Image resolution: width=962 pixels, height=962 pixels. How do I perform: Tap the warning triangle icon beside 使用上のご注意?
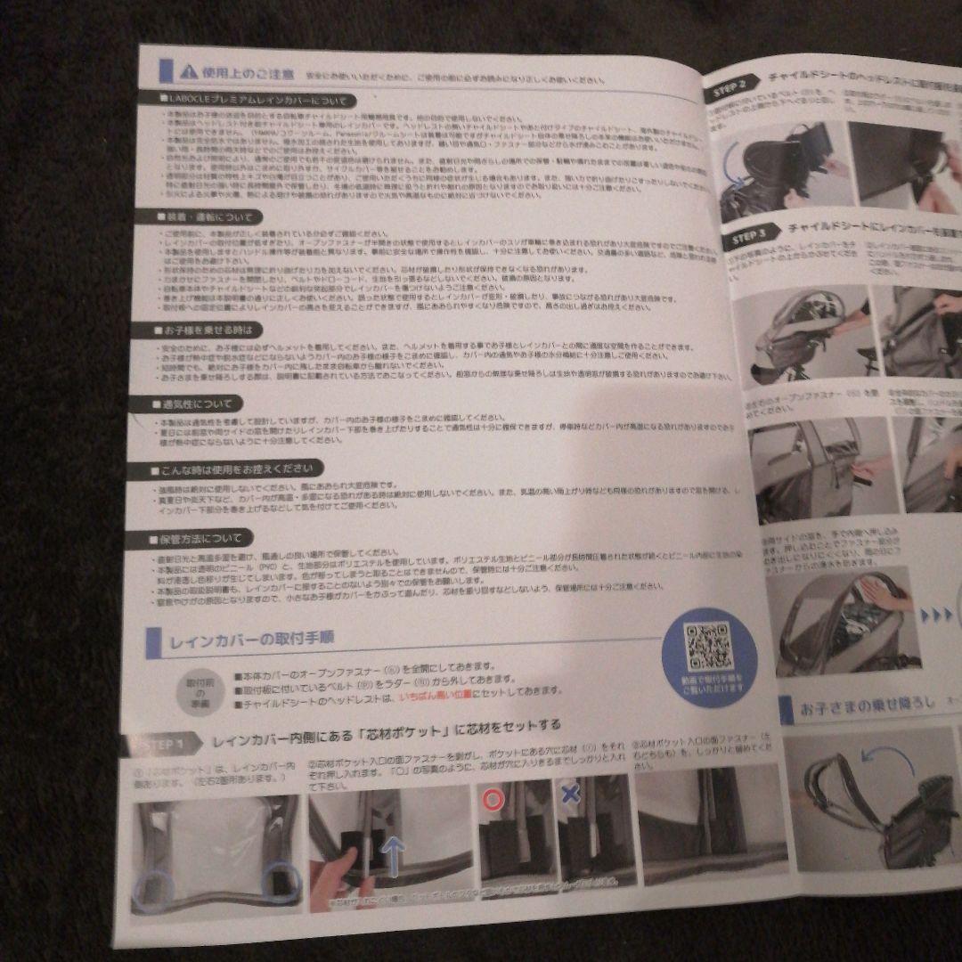click(187, 71)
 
